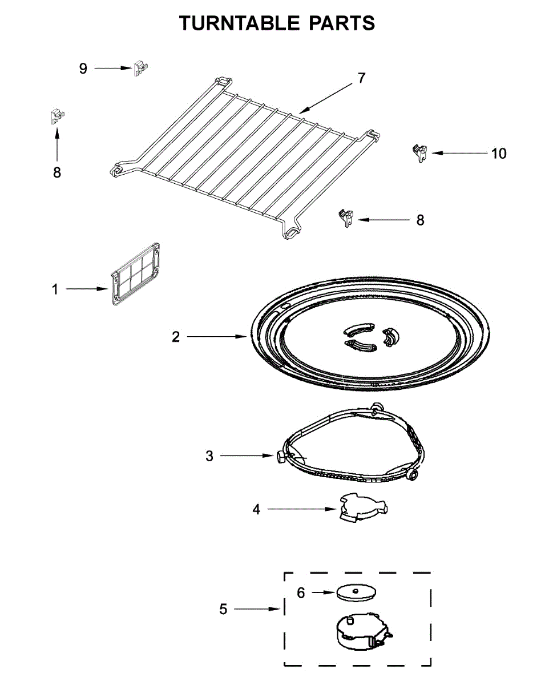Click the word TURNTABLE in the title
[x=239, y=23]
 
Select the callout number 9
[x=83, y=68]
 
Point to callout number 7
[x=361, y=78]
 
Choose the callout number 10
[x=498, y=154]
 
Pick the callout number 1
[x=55, y=289]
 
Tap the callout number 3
[x=209, y=456]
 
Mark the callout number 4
[x=257, y=509]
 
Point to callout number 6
[x=301, y=593]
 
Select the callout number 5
[x=223, y=610]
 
